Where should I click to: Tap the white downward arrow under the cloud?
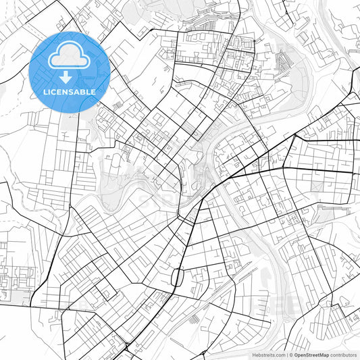click(70, 76)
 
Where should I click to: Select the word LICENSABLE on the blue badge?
click(70, 91)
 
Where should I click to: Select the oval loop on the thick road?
click(178, 277)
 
